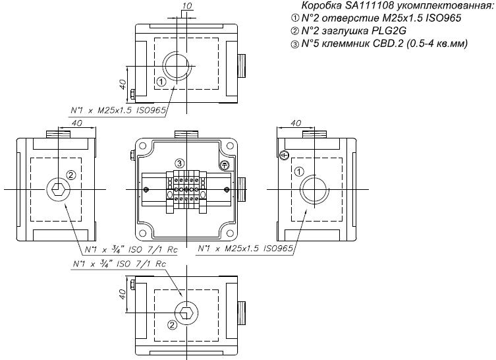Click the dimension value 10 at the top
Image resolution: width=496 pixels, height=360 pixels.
pos(187,6)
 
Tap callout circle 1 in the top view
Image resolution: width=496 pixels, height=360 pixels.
pos(161,82)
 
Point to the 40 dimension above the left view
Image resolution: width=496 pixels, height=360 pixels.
pos(77,123)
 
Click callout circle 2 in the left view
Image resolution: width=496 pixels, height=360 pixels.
pos(71,175)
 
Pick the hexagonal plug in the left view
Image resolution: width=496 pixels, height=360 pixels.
pos(59,189)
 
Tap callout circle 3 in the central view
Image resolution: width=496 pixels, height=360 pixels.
pos(180,164)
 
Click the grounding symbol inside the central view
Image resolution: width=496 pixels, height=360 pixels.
pos(224,165)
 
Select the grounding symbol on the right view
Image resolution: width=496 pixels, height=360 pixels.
pos(284,155)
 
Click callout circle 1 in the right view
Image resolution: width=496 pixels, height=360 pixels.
pos(299,172)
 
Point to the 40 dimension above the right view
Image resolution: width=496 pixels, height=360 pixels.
pos(296,123)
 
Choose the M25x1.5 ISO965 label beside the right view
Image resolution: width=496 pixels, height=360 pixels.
pos(246,249)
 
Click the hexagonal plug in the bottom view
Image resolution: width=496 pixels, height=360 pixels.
pos(186,313)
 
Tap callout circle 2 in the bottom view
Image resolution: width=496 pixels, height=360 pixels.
pos(172,325)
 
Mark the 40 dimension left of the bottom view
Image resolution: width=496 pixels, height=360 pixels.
pos(123,294)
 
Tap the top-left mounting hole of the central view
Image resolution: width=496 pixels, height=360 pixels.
pos(143,146)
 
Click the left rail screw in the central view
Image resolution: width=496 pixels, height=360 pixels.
pos(146,190)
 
